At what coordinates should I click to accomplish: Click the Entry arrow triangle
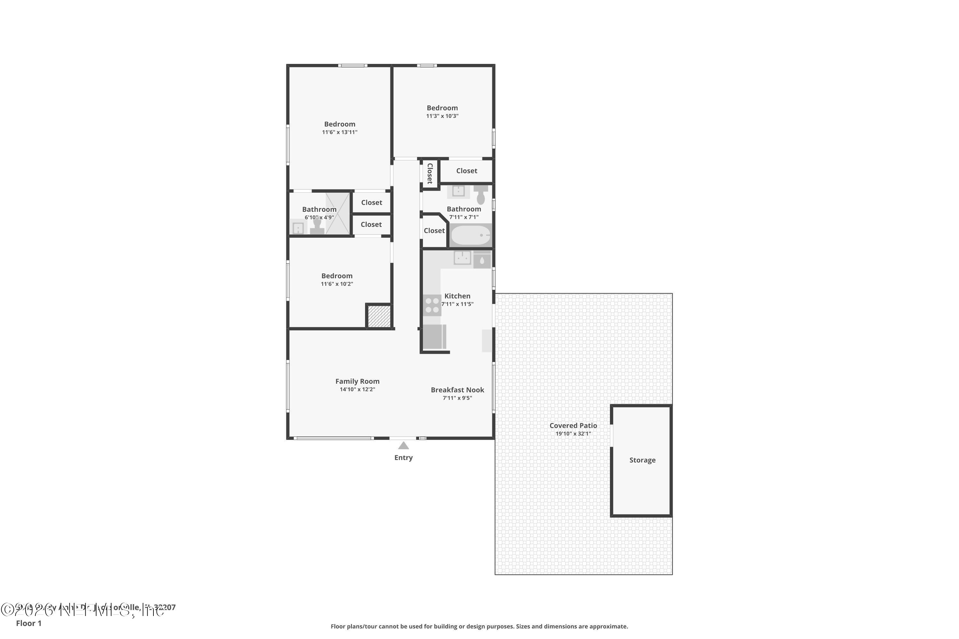click(403, 445)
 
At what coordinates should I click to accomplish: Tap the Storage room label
click(642, 460)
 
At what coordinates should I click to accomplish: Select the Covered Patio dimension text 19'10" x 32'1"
click(573, 434)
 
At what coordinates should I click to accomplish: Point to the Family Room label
click(357, 381)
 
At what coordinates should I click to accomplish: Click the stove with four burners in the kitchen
click(432, 305)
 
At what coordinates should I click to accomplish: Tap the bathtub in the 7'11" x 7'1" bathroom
click(471, 235)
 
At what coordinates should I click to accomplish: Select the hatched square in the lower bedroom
click(379, 316)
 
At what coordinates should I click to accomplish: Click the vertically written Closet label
click(429, 173)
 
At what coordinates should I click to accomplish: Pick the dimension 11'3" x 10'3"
click(442, 116)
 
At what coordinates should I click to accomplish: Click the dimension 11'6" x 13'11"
click(339, 132)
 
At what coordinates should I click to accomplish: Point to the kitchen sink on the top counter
click(462, 258)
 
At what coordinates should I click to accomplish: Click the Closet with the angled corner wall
click(434, 231)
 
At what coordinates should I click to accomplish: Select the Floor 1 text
click(28, 623)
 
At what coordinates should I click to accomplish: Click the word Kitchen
click(457, 296)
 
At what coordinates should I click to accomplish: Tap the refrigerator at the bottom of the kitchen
click(434, 337)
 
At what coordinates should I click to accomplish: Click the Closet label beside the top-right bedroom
click(466, 171)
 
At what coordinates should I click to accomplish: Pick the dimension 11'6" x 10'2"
click(337, 284)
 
